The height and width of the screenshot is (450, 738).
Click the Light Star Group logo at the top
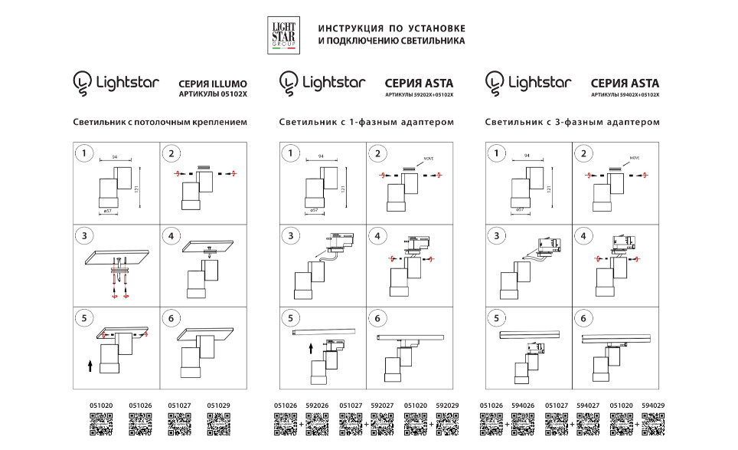(284, 35)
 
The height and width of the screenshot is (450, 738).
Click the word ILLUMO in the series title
(230, 84)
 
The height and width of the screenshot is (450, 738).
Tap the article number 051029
(218, 406)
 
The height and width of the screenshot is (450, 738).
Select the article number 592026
(318, 406)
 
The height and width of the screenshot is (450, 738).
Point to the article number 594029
(653, 406)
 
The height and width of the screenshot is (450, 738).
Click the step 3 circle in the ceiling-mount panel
(86, 235)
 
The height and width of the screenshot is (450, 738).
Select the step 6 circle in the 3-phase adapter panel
(586, 318)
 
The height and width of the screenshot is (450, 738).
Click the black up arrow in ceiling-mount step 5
(90, 366)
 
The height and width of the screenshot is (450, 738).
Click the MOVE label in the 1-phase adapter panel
(428, 159)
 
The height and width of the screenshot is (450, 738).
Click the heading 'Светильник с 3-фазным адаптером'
(572, 122)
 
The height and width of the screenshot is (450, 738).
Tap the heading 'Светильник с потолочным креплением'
(160, 122)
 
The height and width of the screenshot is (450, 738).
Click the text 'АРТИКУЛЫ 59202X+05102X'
(419, 95)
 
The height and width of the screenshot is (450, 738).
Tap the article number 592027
(383, 406)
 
